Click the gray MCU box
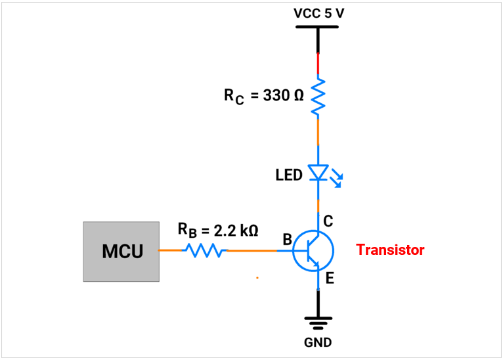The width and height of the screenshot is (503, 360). tap(121, 252)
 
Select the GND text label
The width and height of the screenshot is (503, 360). tap(318, 342)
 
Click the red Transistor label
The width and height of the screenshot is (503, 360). tap(390, 250)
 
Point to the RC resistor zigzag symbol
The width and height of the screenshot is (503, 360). tap(318, 97)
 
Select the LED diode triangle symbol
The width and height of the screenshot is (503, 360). tap(318, 173)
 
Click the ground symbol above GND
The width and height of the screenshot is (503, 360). tap(318, 322)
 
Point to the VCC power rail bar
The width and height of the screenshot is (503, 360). tap(317, 28)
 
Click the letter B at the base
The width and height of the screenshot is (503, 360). tap(287, 240)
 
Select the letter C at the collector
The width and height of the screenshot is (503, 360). tap(328, 222)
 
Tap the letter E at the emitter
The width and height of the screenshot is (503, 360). tap(330, 279)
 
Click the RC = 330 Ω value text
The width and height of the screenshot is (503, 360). tap(264, 95)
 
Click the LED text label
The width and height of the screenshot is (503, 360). tap(289, 175)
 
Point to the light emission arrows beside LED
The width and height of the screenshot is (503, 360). tap(336, 178)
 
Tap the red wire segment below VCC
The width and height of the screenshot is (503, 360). tap(318, 64)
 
